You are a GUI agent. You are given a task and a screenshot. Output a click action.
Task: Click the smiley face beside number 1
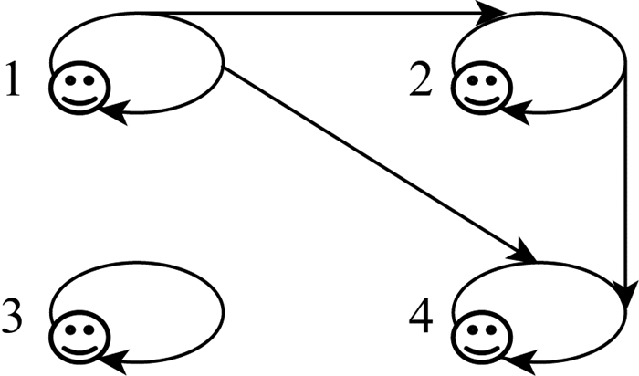tap(79, 89)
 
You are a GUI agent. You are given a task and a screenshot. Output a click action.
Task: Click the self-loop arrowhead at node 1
tap(112, 114)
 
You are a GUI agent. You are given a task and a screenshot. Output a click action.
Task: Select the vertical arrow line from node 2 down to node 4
tap(623, 183)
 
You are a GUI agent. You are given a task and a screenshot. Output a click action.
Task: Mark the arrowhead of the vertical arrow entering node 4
tap(623, 298)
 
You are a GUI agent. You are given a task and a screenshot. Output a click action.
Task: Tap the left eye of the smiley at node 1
tap(71, 81)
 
